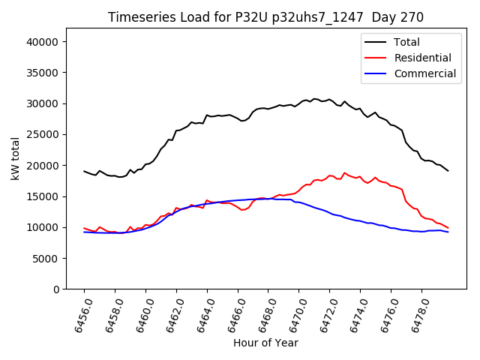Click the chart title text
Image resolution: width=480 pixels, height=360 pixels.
[265, 17]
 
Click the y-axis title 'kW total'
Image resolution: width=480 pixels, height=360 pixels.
[15, 158]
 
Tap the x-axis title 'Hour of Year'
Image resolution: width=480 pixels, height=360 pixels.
[265, 343]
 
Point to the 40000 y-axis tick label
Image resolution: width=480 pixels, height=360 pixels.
[43, 42]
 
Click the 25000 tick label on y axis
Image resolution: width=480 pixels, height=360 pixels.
[43, 135]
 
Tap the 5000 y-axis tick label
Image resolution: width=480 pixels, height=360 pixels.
[46, 258]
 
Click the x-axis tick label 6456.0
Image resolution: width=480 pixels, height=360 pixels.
[76, 314]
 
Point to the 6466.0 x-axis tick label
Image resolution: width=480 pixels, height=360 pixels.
[229, 314]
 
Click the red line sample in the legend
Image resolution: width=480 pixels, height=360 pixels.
[375, 58]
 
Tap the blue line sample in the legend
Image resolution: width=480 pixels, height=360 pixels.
[375, 73]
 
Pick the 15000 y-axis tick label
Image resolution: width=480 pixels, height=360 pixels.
[43, 196]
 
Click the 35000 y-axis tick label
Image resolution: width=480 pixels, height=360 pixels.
[43, 73]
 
